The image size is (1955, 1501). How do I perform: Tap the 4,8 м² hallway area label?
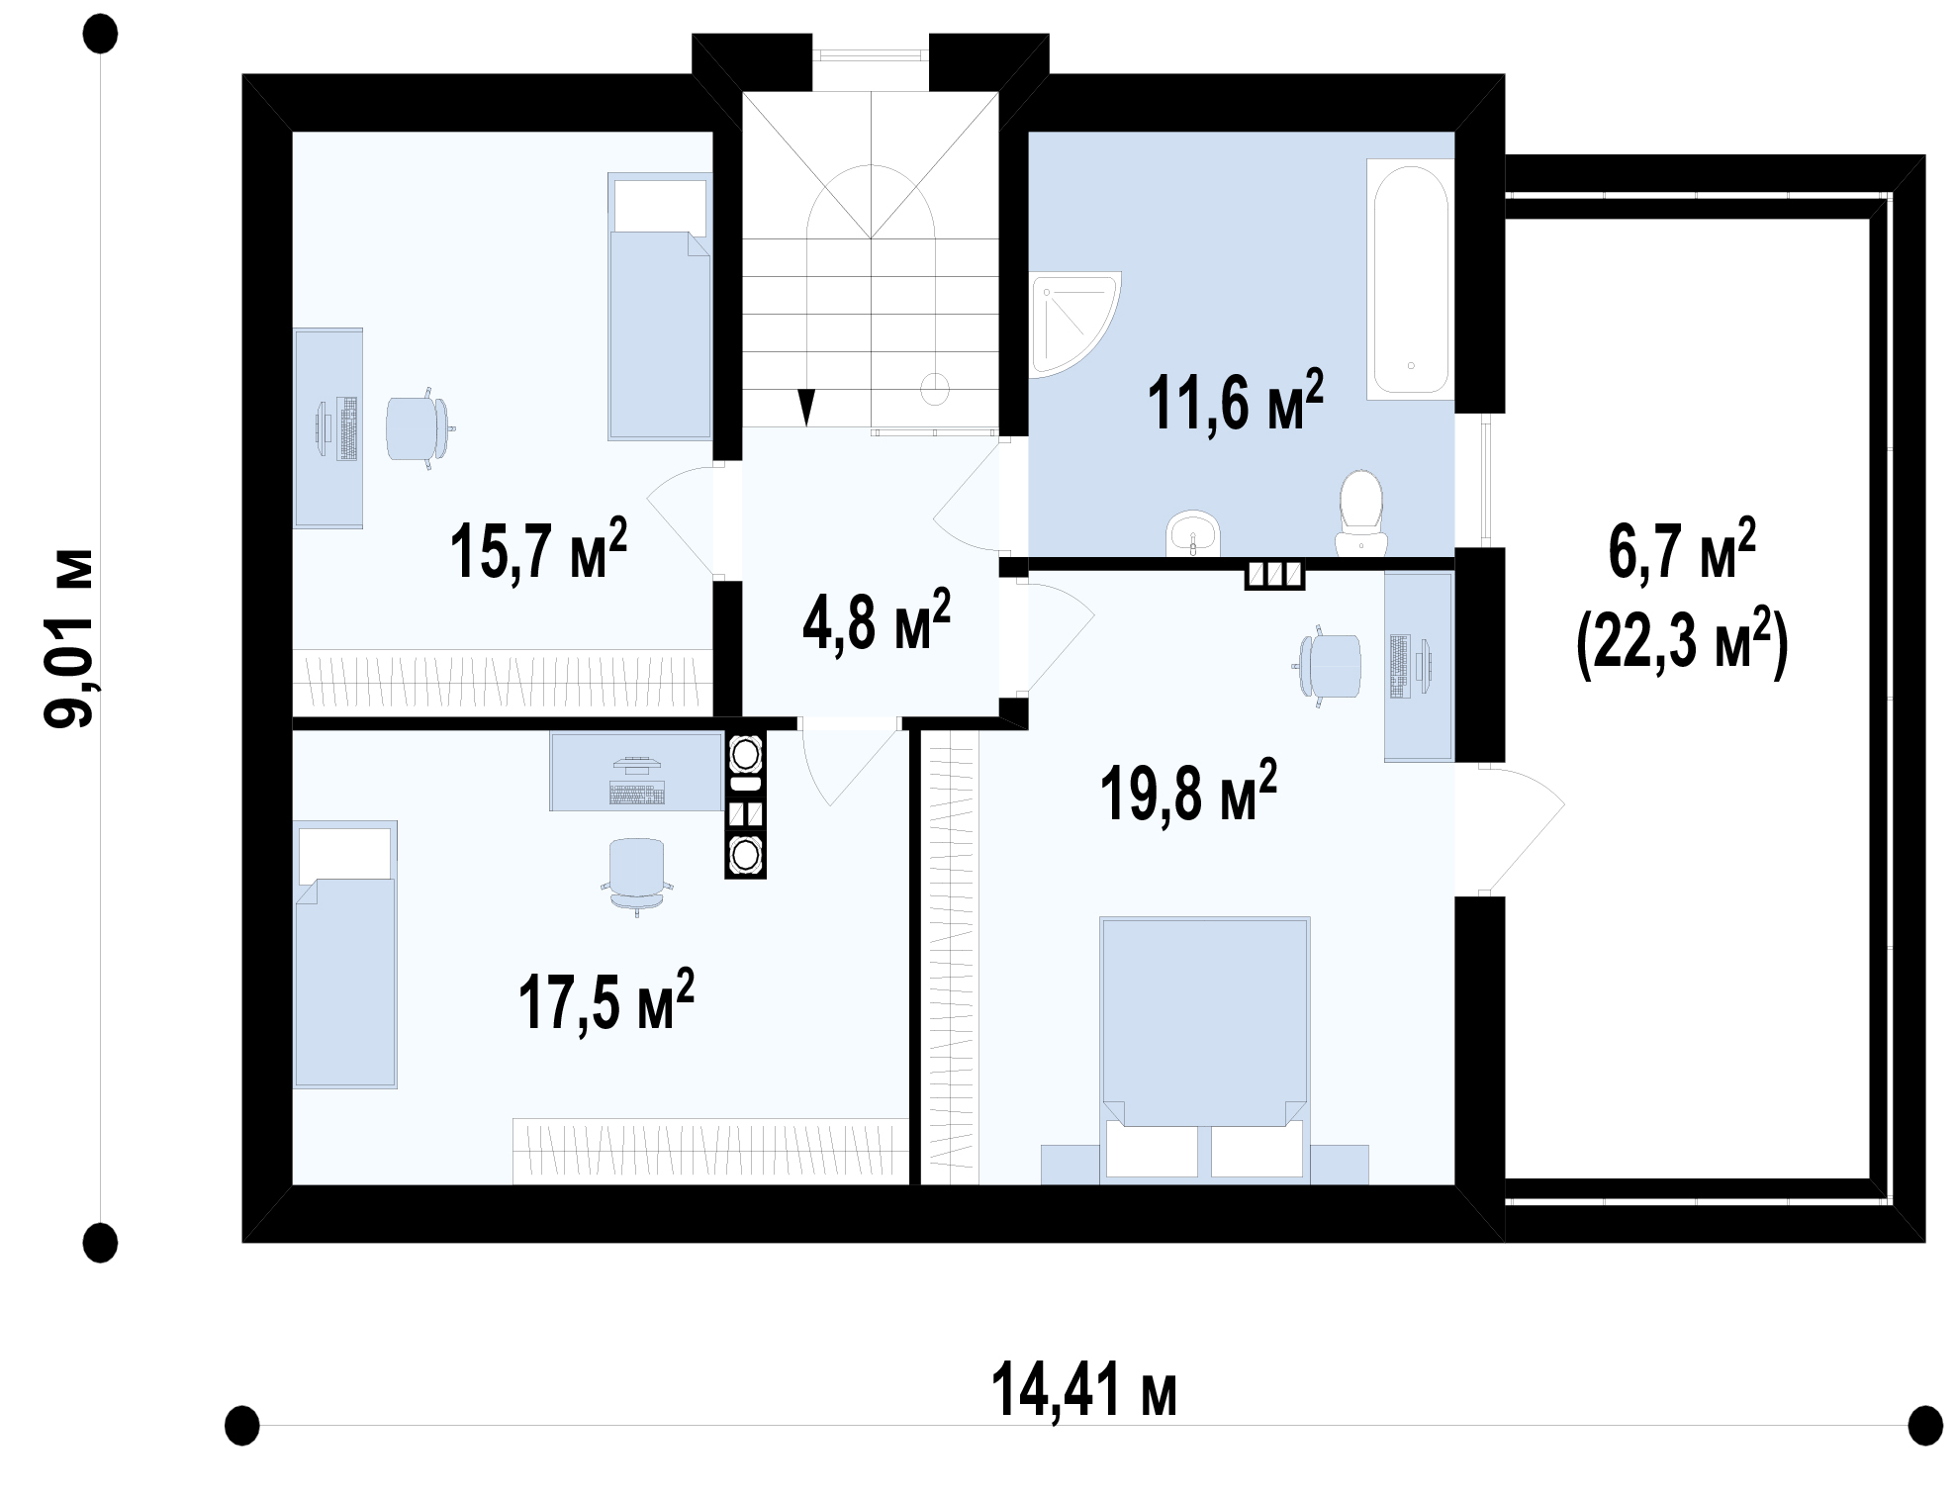click(877, 619)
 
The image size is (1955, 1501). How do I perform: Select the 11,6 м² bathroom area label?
click(1236, 401)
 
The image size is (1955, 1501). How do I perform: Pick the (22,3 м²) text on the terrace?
click(1682, 644)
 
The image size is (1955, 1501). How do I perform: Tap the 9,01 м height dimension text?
click(70, 638)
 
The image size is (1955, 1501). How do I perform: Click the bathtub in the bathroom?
click(1410, 279)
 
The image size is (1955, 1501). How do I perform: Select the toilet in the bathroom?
click(1361, 514)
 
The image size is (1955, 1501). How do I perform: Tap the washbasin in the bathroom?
click(1195, 535)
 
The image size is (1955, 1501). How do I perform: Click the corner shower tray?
click(1074, 325)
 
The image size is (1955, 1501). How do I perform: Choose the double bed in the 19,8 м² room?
click(1205, 1050)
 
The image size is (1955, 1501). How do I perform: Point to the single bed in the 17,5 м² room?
click(345, 954)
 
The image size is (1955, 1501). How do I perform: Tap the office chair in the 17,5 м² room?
click(636, 876)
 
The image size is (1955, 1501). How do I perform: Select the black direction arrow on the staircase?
click(807, 407)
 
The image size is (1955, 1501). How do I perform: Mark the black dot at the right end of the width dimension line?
click(1925, 1426)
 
